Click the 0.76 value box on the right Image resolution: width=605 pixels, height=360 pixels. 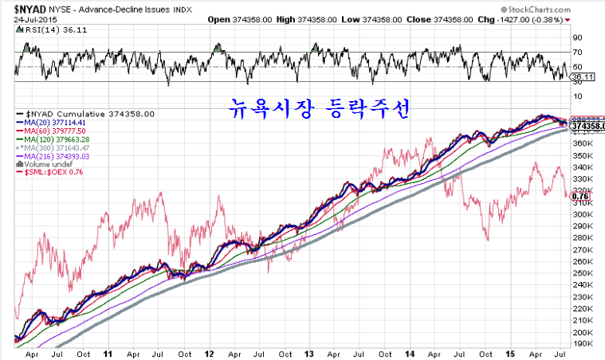[x=581, y=195]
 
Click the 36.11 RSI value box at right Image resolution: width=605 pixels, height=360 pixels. [x=584, y=76]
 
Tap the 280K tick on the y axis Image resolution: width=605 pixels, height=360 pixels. [x=583, y=237]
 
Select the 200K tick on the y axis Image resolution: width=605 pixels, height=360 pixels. [x=583, y=332]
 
